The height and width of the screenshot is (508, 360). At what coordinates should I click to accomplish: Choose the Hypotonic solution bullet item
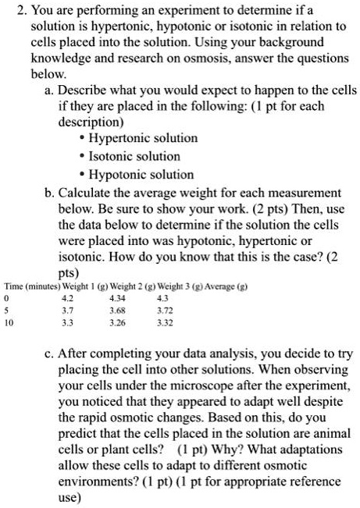click(130, 174)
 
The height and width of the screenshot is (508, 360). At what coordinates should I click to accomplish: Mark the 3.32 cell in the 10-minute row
click(165, 321)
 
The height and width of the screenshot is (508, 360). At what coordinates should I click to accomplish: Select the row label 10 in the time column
click(9, 321)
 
